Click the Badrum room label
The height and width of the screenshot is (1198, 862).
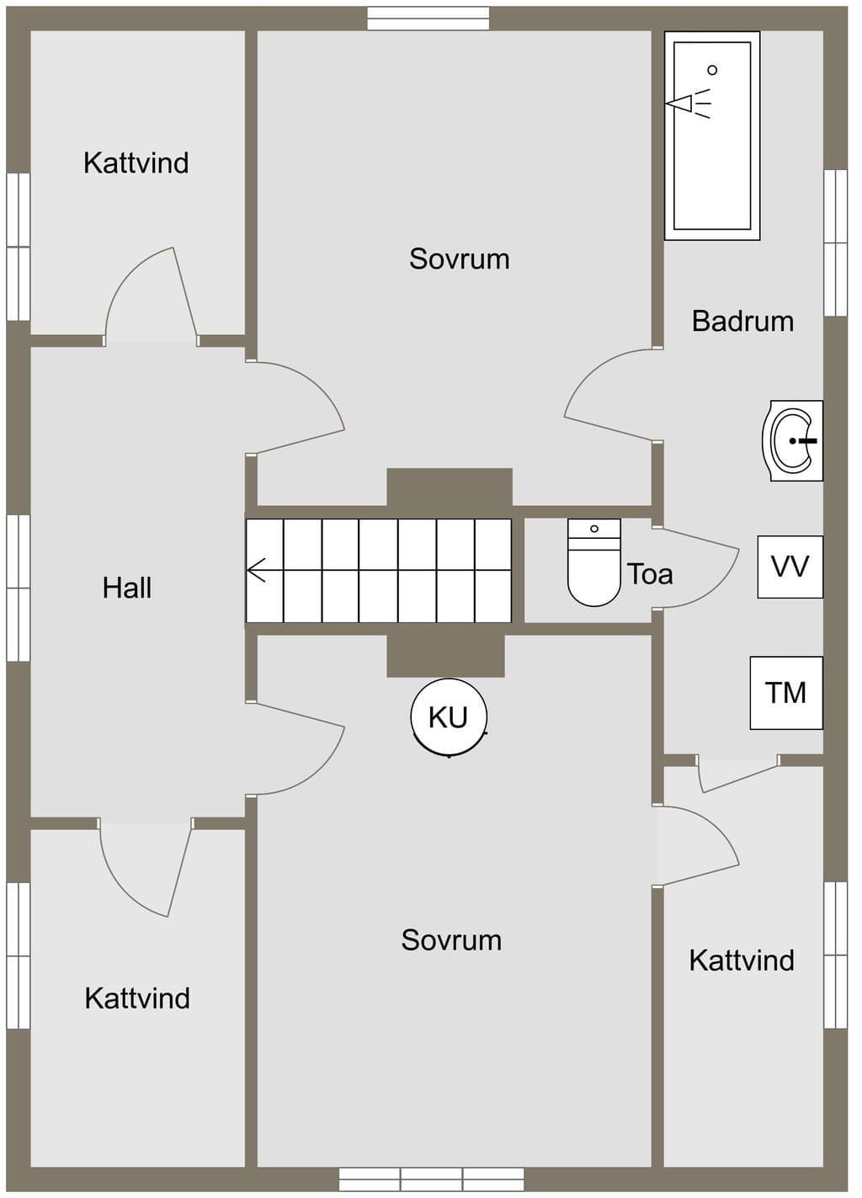pyautogui.click(x=742, y=322)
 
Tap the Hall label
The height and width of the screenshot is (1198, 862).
pyautogui.click(x=127, y=588)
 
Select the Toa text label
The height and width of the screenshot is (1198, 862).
pyautogui.click(x=650, y=574)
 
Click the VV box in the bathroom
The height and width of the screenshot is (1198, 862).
pyautogui.click(x=790, y=567)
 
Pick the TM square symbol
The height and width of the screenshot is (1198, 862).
pyautogui.click(x=786, y=693)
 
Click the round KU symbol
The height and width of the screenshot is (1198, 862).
pyautogui.click(x=449, y=717)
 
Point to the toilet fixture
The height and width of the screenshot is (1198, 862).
pyautogui.click(x=594, y=562)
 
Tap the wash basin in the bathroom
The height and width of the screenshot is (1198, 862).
pyautogui.click(x=792, y=440)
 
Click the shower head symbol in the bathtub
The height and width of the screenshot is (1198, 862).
pyautogui.click(x=689, y=103)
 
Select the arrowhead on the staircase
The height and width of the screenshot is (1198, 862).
pyautogui.click(x=256, y=570)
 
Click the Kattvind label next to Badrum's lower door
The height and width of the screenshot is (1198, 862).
pyautogui.click(x=742, y=961)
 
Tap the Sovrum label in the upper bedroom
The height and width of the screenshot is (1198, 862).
pyautogui.click(x=460, y=258)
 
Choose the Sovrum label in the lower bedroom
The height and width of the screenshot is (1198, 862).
pyautogui.click(x=452, y=940)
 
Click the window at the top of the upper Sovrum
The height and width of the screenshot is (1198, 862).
pyautogui.click(x=428, y=19)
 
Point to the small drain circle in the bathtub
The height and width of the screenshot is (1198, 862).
pyautogui.click(x=712, y=70)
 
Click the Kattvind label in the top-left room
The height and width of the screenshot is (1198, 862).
pyautogui.click(x=136, y=162)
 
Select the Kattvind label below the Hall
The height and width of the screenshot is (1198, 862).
pyautogui.click(x=137, y=998)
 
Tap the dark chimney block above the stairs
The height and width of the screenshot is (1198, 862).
pyautogui.click(x=450, y=487)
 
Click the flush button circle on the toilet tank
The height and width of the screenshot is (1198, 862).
pyautogui.click(x=594, y=529)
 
